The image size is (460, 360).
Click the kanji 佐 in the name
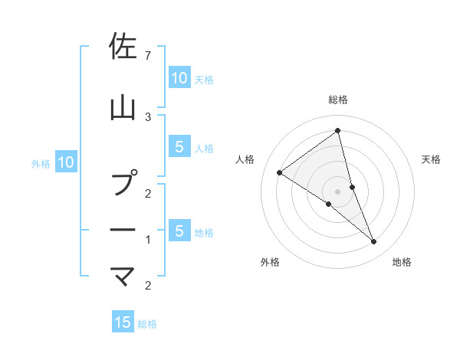coord(123,47)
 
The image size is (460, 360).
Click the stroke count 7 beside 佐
coord(148,55)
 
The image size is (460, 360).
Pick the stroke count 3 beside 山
coord(148,116)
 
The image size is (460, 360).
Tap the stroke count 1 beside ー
coord(148,240)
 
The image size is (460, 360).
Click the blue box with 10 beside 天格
coord(179,78)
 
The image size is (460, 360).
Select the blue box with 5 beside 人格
coord(179,148)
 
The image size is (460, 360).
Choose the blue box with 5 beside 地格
coord(179,231)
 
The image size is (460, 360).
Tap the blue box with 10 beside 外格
coord(65,162)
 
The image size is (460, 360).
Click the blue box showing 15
coord(123,322)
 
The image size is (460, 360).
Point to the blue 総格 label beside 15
coord(147,324)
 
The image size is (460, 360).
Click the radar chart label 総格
coord(337,100)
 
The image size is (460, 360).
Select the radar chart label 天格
coord(431,159)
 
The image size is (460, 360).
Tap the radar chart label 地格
coord(402,262)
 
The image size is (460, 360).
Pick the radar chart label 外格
coord(270,262)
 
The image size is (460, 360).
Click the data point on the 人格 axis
coord(279,172)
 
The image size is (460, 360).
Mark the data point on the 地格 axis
coord(374,242)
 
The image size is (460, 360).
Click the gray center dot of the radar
coord(337,191)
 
